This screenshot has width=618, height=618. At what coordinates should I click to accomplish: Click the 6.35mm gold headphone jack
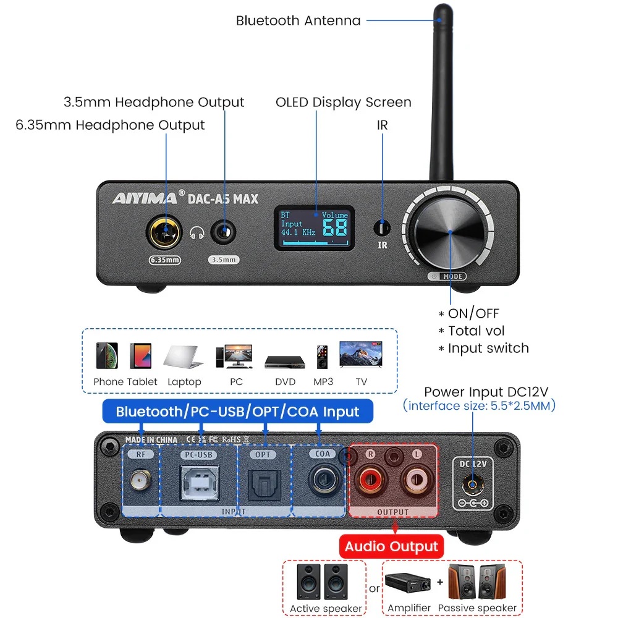(164, 233)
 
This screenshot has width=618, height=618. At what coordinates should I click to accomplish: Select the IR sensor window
(383, 228)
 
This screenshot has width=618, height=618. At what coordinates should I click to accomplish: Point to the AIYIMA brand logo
(143, 198)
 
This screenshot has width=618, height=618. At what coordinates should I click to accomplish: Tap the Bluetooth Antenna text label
(298, 20)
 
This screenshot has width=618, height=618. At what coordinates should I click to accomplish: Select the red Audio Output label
(391, 546)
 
